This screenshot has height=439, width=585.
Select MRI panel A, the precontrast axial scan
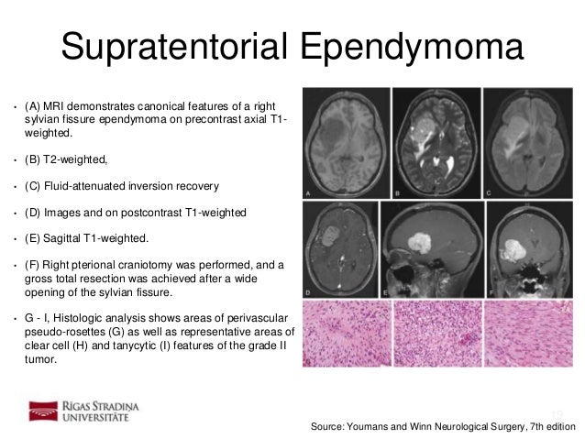coord(346,142)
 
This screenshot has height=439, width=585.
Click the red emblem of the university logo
coord(43,410)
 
